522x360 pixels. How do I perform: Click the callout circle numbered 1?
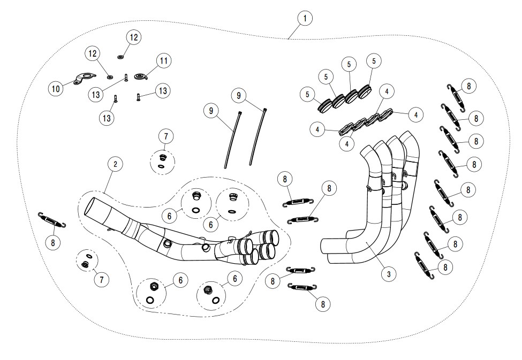(x=305, y=18)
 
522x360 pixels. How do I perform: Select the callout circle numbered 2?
(x=115, y=164)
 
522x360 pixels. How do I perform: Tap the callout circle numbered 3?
(x=389, y=274)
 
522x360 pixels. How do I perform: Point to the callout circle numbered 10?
(x=56, y=89)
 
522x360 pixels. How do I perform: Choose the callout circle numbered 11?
(x=163, y=61)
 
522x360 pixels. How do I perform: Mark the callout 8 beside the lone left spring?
(x=52, y=242)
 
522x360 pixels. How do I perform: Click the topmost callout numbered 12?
(x=133, y=37)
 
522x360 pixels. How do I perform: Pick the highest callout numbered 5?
(x=373, y=61)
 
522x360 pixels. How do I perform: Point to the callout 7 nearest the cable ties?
(x=165, y=136)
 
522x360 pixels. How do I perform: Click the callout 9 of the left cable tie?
(x=211, y=111)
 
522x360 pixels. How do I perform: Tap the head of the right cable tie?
(x=265, y=110)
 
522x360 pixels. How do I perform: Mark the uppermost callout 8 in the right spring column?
(x=468, y=86)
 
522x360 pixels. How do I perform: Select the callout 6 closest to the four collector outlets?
(x=210, y=225)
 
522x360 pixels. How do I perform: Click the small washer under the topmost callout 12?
(x=120, y=56)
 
